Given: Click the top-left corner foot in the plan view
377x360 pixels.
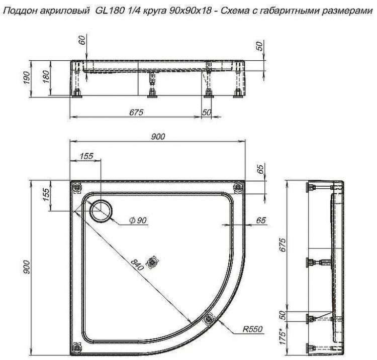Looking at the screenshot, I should pyautogui.click(x=76, y=187).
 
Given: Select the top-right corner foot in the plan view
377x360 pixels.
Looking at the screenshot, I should pyautogui.click(x=236, y=187).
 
